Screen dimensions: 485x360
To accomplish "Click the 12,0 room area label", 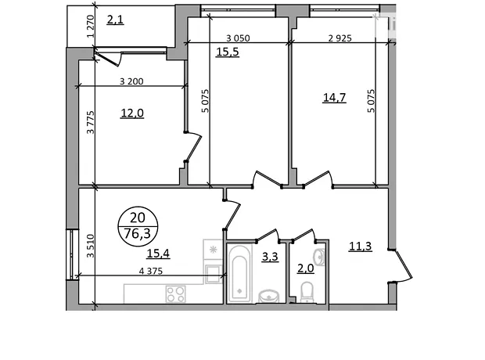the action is pos(132,113).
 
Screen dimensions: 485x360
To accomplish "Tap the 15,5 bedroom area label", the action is pos(228,52).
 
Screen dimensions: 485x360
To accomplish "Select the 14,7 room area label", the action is pos(334,98).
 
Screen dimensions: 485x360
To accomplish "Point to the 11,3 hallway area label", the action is pos(361,247).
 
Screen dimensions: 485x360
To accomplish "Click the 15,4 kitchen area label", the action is pos(158,254).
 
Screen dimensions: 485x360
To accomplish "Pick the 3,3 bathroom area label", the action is pos(270,257).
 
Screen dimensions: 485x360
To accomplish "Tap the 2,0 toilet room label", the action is pos(306,268).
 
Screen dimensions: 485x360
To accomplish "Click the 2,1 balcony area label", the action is pos(115,20).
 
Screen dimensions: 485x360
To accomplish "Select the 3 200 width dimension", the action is pos(131,81).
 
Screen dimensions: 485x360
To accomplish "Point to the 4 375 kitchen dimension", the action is pos(151,271).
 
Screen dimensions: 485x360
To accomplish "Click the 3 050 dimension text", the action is pos(238,38).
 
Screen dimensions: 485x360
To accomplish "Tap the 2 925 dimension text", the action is pos(340,38).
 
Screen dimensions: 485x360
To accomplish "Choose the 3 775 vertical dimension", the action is pos(90,122).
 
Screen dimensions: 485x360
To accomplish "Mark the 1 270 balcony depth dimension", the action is pos(90,27).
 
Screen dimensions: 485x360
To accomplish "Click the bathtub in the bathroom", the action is pos(239,273).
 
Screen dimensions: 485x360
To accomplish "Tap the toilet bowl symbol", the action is pos(307,292).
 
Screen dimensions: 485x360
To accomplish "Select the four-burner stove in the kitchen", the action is pos(176,293).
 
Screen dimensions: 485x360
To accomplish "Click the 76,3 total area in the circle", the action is pos(137,233).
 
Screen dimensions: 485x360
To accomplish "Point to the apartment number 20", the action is pos(138,218).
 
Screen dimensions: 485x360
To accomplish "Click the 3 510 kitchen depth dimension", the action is pos(90,246).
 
